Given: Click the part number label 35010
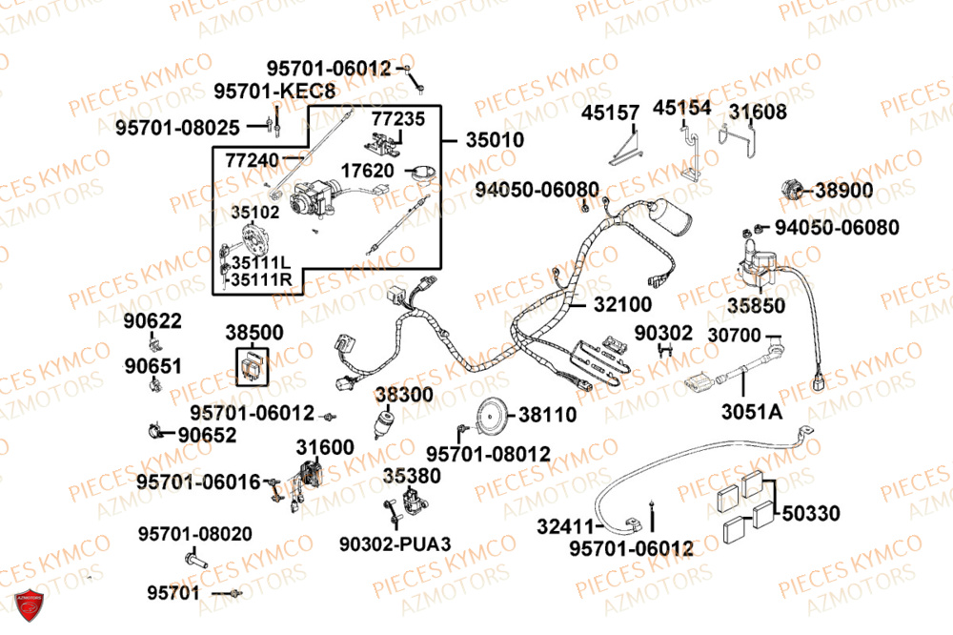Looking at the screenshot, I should tap(495, 139).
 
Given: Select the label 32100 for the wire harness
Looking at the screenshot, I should tap(622, 305).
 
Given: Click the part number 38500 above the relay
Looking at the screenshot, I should tap(253, 333).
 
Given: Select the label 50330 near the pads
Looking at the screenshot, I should tap(811, 514).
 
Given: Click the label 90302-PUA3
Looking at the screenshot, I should tap(395, 543).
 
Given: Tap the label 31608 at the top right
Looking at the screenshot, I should tap(758, 112).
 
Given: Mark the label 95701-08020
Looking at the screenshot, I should tap(194, 534).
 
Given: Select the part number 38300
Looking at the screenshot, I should tap(403, 394).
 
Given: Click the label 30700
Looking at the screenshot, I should tap(735, 336).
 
